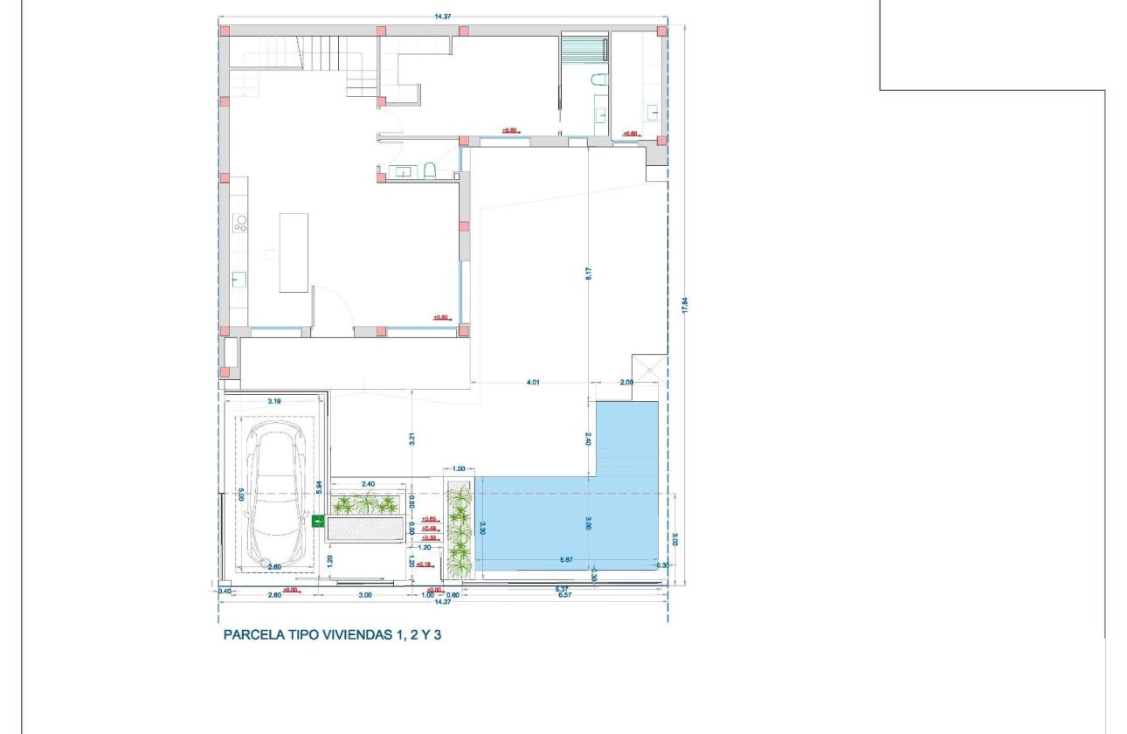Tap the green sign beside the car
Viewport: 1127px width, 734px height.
coord(319,522)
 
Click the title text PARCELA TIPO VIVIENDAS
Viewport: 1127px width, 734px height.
coord(333,635)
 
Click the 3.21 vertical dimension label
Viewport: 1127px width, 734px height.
coord(411,439)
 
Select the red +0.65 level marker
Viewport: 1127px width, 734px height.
coord(429,519)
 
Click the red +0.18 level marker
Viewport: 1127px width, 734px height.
coord(425,564)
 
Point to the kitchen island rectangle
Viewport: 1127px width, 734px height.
coord(294,252)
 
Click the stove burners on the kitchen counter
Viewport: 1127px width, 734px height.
coord(239,224)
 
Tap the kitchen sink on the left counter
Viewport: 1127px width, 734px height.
coord(239,280)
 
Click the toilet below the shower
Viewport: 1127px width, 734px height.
coord(598,80)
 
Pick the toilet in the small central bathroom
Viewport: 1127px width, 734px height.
coord(430,170)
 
